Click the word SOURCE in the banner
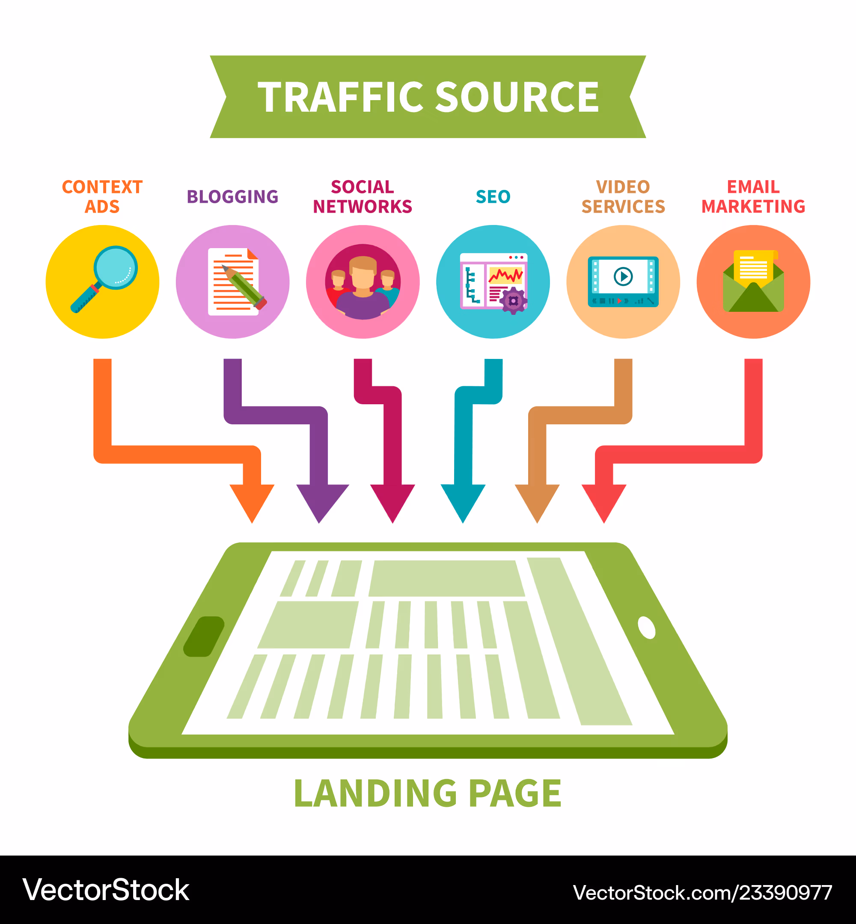coord(517,97)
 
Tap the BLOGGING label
coord(232,197)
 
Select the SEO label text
coord(493,197)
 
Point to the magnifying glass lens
coord(115,267)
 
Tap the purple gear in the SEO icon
coord(513,301)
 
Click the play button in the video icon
coord(623,276)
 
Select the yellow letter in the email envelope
coord(754,267)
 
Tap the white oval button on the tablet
coord(647,628)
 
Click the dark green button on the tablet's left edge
coord(204,636)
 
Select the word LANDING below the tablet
coord(376,793)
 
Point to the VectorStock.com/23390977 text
coord(702,892)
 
